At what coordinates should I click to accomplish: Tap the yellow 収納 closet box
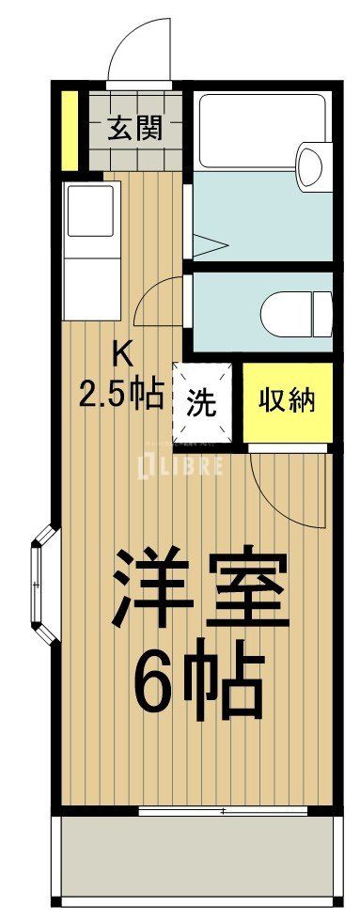point(287,401)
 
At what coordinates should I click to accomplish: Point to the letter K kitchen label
point(122,354)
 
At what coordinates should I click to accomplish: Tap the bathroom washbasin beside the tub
point(309,165)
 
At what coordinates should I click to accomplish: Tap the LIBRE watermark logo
point(180,465)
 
